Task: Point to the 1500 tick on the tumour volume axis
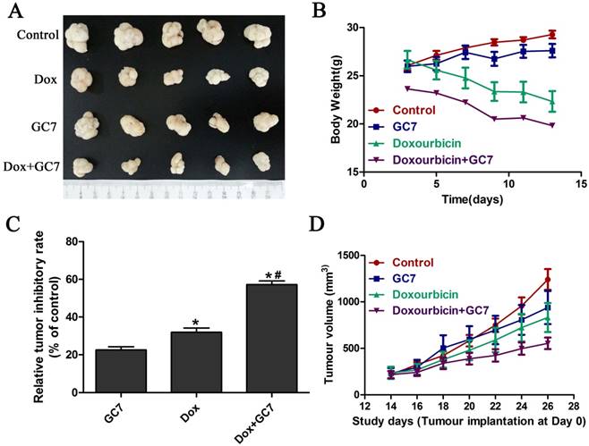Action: (x=351, y=257)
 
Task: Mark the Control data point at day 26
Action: (x=548, y=279)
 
